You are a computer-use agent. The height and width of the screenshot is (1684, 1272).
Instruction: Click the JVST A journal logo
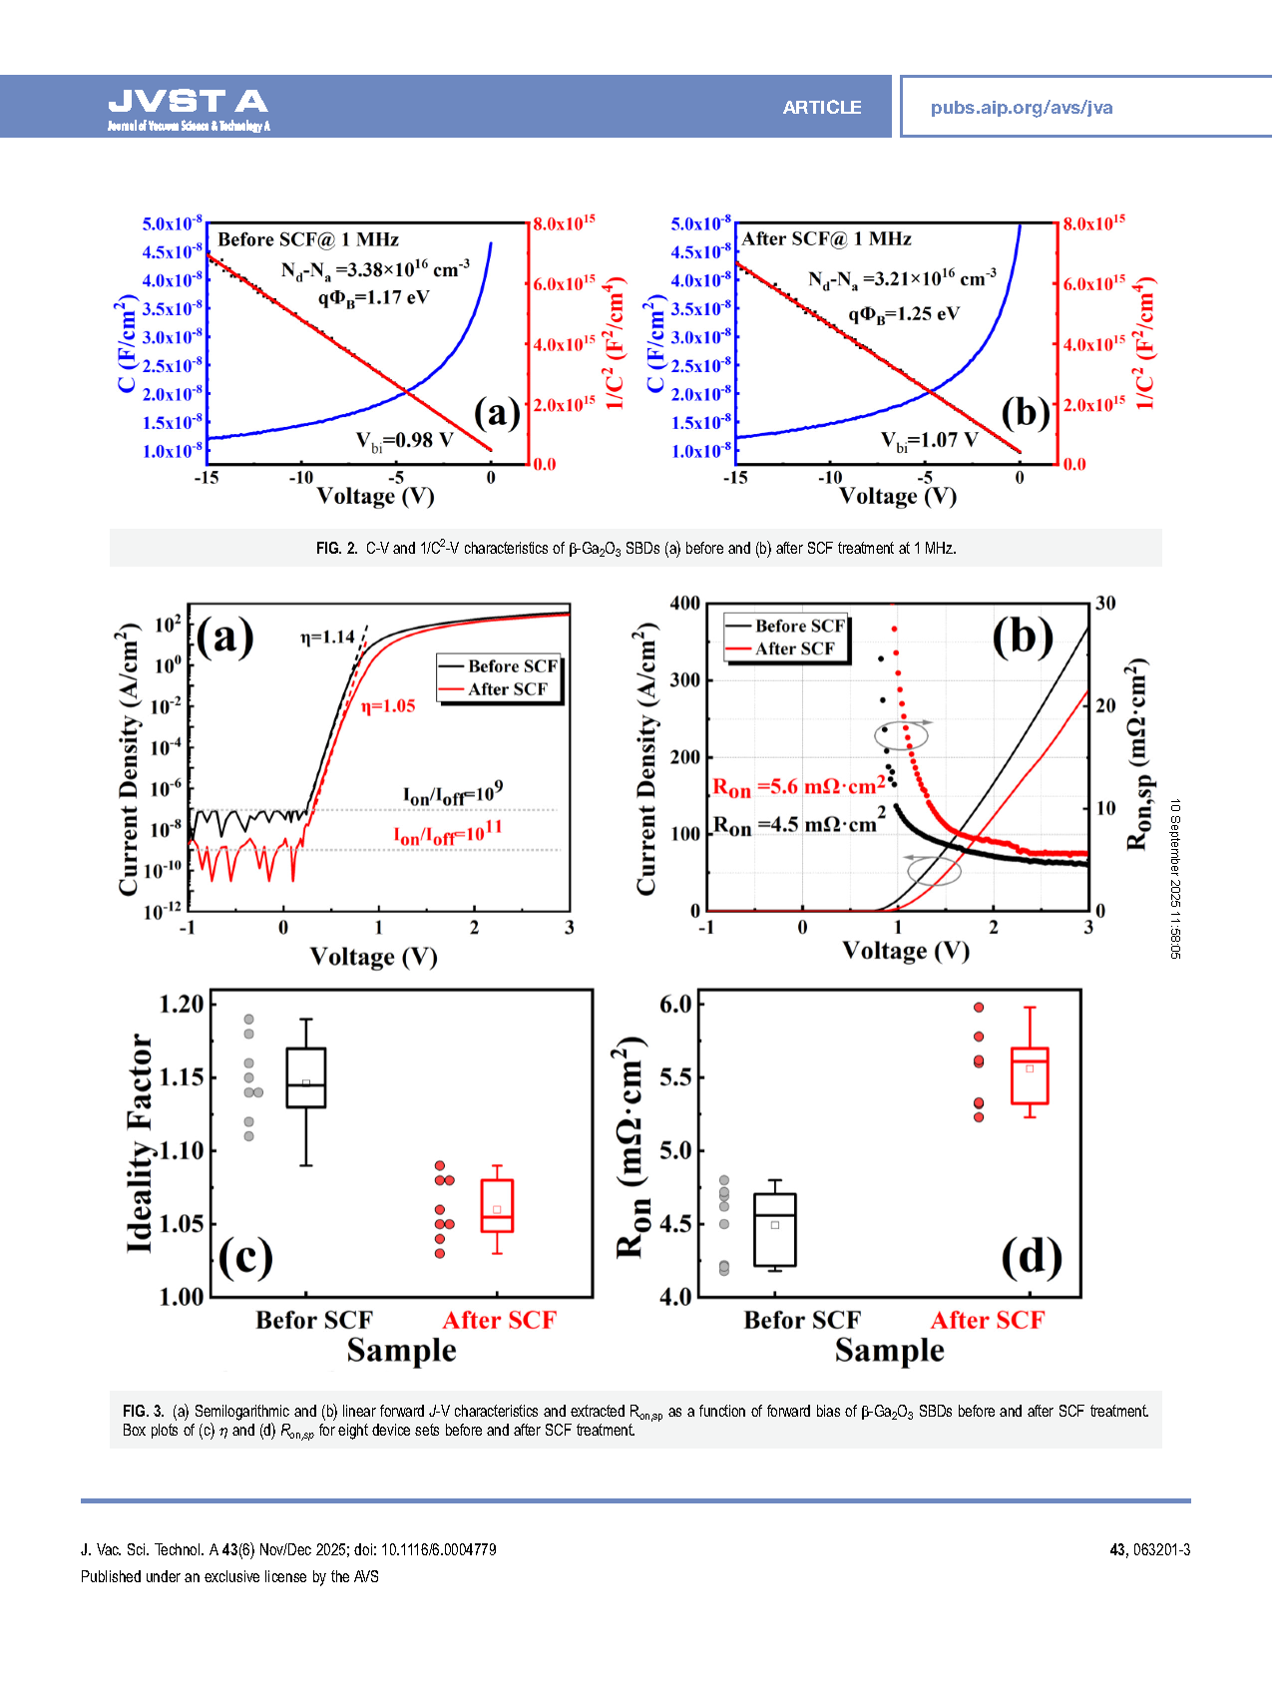pyautogui.click(x=188, y=108)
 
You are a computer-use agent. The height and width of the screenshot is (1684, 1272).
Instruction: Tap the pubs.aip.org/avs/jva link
pyautogui.click(x=1021, y=108)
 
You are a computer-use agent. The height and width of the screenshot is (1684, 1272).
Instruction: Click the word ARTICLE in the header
pyautogui.click(x=821, y=108)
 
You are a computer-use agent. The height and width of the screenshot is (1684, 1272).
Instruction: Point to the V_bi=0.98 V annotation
pyautogui.click(x=404, y=441)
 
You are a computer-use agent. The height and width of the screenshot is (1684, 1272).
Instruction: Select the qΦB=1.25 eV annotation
pyautogui.click(x=903, y=314)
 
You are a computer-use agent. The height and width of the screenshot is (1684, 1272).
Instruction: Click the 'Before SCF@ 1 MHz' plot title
pyautogui.click(x=308, y=239)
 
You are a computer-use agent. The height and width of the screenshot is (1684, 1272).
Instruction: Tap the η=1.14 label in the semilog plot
pyautogui.click(x=327, y=636)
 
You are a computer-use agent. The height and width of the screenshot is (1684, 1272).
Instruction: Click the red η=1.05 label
pyautogui.click(x=388, y=706)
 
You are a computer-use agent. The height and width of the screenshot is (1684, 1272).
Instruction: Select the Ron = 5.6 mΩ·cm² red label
pyautogui.click(x=798, y=787)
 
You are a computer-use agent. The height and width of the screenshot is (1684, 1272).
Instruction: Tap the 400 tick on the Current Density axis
pyautogui.click(x=684, y=604)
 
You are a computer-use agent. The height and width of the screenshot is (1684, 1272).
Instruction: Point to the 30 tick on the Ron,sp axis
pyautogui.click(x=1105, y=604)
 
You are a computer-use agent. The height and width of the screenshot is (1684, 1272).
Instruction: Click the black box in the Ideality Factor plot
pyautogui.click(x=305, y=1077)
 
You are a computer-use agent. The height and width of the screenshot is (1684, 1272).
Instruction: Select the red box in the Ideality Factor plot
pyautogui.click(x=497, y=1206)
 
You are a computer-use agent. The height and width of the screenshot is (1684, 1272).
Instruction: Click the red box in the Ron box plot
pyautogui.click(x=1030, y=1075)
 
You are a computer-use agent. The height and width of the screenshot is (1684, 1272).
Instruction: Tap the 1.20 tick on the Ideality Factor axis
pyautogui.click(x=182, y=1005)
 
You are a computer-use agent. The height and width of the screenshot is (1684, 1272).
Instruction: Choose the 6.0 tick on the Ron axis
pyautogui.click(x=675, y=1005)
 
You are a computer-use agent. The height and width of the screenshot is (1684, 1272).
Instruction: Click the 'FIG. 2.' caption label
pyautogui.click(x=336, y=549)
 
